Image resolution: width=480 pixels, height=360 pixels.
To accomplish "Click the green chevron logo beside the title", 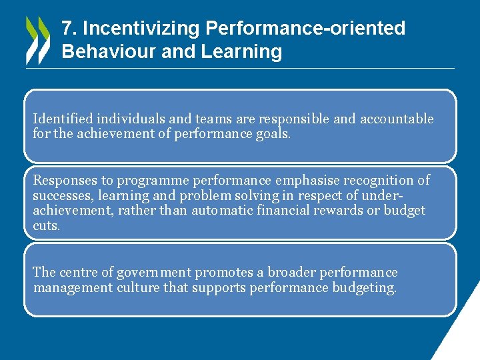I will click(x=37, y=40).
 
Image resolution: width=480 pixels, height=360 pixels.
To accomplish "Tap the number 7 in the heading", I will click(x=66, y=29).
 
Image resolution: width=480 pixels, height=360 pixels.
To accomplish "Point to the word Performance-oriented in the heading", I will click(x=305, y=29).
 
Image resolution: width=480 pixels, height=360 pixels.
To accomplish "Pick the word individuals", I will click(x=131, y=119).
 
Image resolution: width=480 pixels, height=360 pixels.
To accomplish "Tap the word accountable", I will click(x=397, y=119).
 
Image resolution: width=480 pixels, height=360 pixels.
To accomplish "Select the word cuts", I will click(x=46, y=226).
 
